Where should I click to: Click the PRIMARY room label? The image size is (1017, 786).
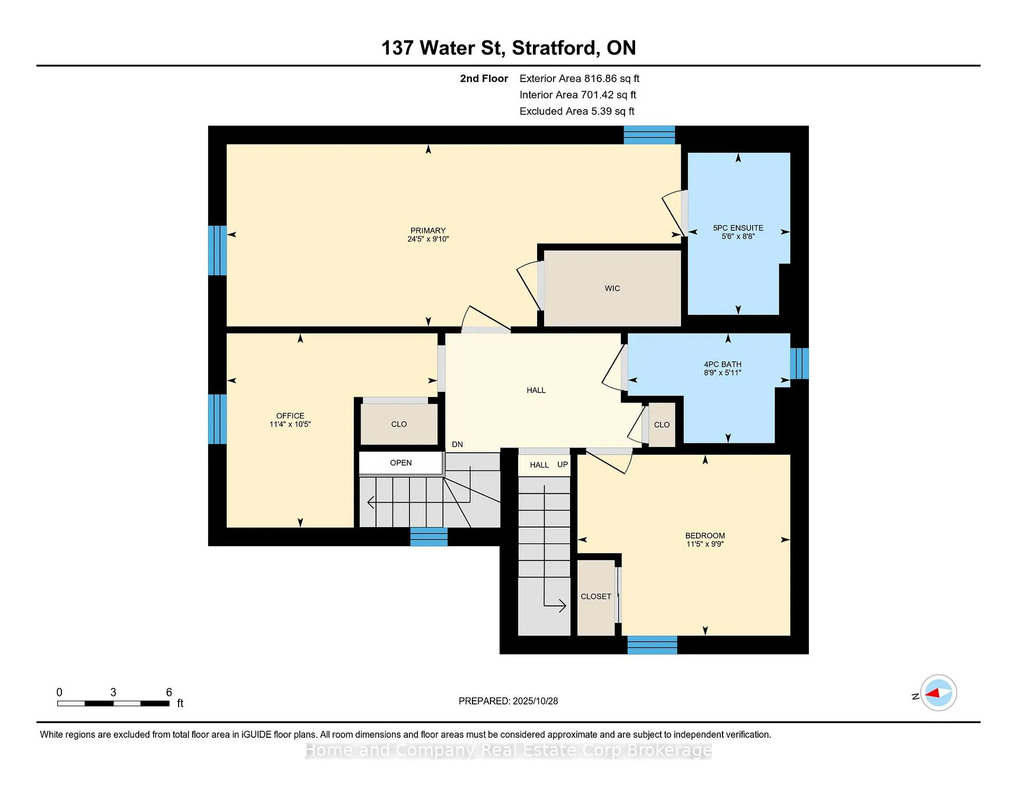(x=428, y=230)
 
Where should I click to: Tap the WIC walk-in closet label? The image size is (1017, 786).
(x=612, y=289)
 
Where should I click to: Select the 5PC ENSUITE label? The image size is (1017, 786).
(x=738, y=228)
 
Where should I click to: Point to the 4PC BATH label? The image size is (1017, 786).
(x=722, y=364)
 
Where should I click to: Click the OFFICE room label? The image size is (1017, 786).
(x=290, y=416)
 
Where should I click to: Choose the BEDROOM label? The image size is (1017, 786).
(x=705, y=535)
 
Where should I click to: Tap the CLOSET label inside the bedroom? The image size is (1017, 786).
(x=596, y=596)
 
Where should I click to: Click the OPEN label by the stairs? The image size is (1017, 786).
(x=401, y=463)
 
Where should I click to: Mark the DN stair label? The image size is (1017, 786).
(x=458, y=444)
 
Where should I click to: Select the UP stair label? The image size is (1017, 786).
(x=563, y=465)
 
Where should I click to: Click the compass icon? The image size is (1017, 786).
(x=938, y=693)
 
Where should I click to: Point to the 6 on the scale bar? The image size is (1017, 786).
(x=169, y=692)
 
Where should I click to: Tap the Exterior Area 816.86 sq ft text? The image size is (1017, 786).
(x=579, y=78)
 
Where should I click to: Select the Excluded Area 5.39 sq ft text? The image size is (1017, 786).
(x=577, y=111)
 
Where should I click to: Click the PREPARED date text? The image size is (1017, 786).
(x=508, y=701)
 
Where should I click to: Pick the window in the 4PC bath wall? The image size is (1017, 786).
(x=799, y=363)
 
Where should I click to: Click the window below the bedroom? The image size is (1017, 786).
(x=652, y=645)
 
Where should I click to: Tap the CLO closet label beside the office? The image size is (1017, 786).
(x=399, y=424)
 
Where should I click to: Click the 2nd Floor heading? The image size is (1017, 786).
(x=484, y=78)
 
